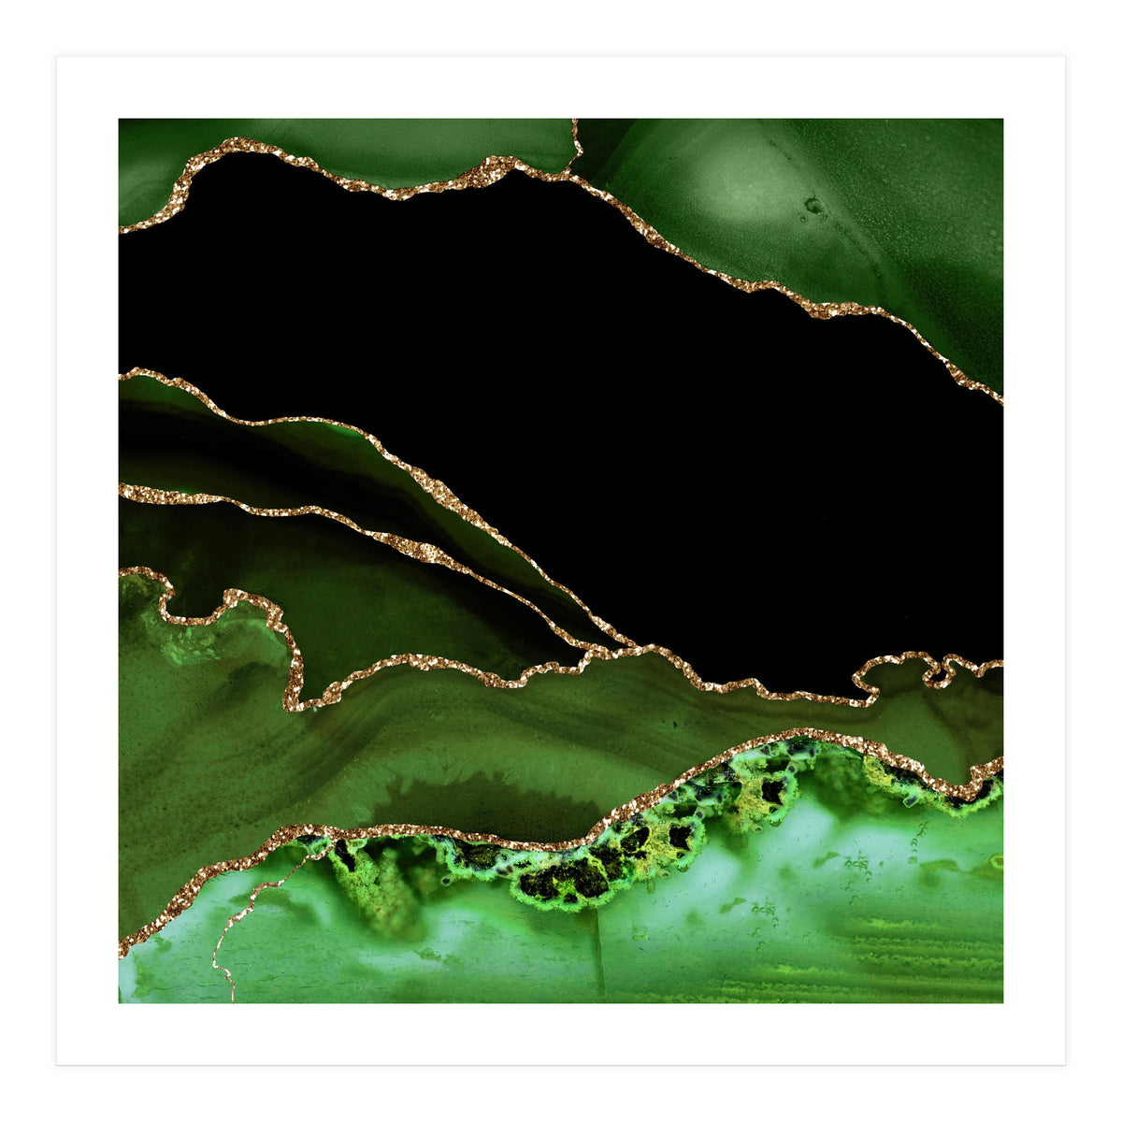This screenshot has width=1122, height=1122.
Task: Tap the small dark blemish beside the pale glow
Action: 813,205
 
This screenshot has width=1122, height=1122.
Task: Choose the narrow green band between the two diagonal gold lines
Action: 280,449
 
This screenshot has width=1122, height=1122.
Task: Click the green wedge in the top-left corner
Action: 150,159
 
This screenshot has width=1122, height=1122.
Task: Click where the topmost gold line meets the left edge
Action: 122,228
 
